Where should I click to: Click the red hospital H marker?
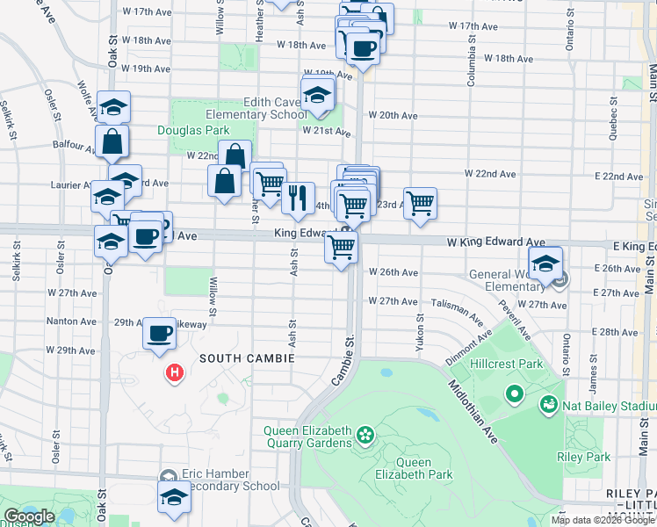pos(176,373)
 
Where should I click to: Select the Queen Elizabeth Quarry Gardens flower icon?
pos(365,434)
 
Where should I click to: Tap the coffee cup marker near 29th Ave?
pos(159,333)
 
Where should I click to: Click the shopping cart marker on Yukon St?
pos(420,203)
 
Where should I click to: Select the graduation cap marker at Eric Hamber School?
pos(174,496)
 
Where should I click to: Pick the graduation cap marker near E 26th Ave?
pos(545,263)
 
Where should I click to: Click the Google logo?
pos(30,516)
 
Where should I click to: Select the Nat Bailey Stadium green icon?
pos(548,405)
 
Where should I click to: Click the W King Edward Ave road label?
pos(495,242)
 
